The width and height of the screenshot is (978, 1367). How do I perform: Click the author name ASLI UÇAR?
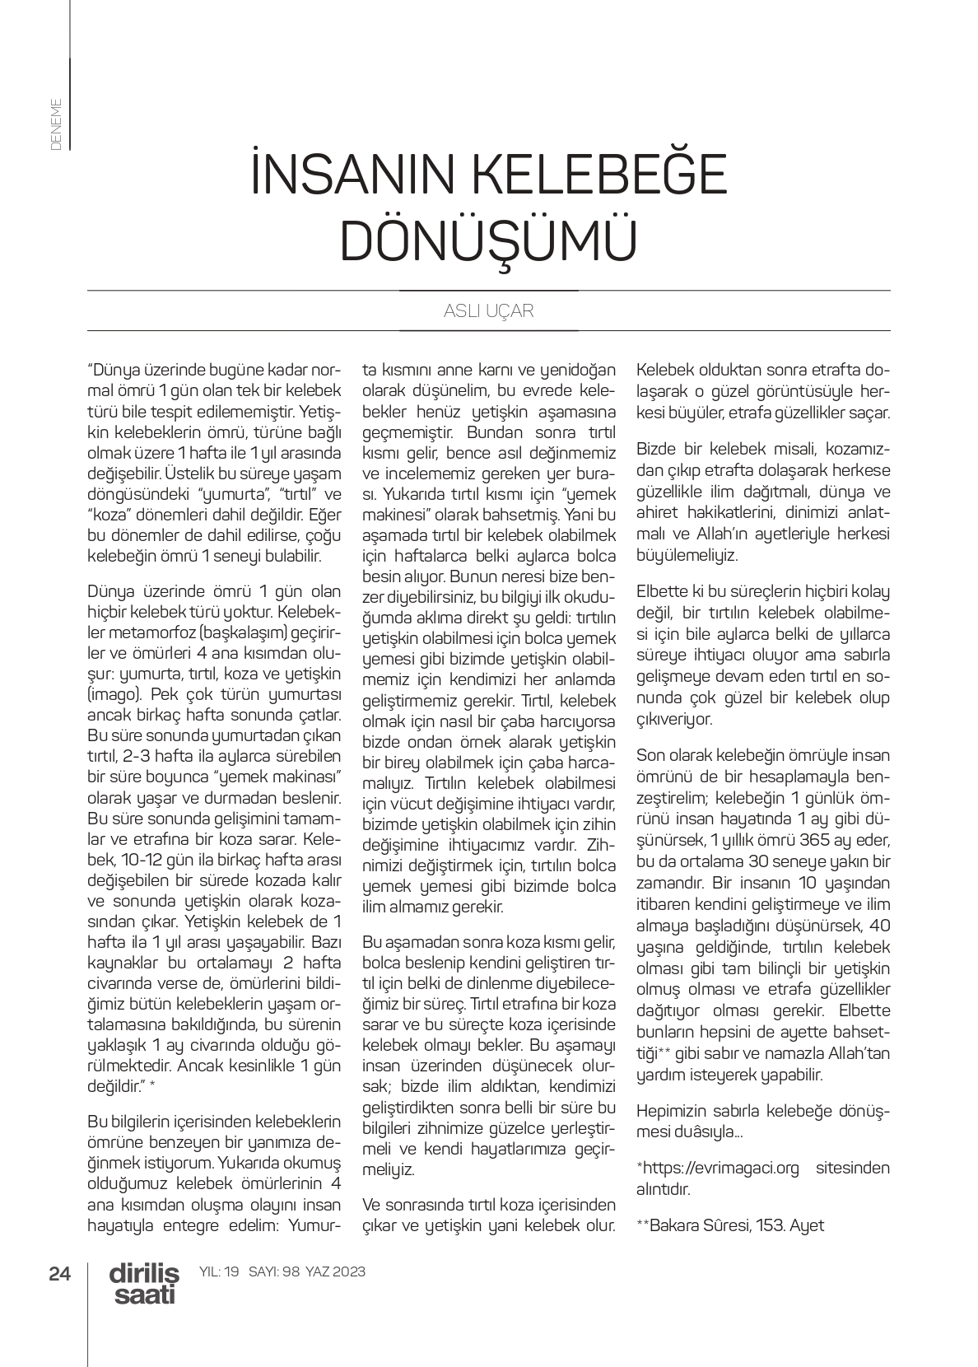[x=488, y=311]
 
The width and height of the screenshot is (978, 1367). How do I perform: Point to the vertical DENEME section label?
[x=56, y=124]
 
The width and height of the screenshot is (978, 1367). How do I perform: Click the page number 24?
[x=60, y=1273]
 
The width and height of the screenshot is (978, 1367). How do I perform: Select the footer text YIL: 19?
[x=220, y=1271]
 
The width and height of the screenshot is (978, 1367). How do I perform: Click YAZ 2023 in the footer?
[x=335, y=1271]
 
